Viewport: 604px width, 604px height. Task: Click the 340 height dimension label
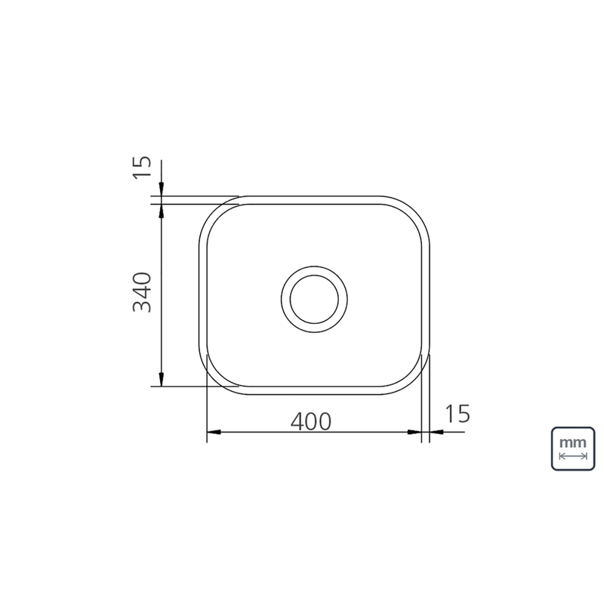142,292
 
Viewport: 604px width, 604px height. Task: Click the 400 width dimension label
310,421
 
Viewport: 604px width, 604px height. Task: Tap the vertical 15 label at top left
141,167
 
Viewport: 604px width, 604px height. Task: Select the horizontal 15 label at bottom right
458,413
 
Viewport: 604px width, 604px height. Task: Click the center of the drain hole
314,299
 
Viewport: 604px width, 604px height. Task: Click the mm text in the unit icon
573,442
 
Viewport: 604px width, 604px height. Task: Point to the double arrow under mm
573,457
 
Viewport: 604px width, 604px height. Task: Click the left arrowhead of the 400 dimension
214,432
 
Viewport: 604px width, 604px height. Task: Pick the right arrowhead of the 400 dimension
414,432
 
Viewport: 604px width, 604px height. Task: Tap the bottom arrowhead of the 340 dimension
162,380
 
